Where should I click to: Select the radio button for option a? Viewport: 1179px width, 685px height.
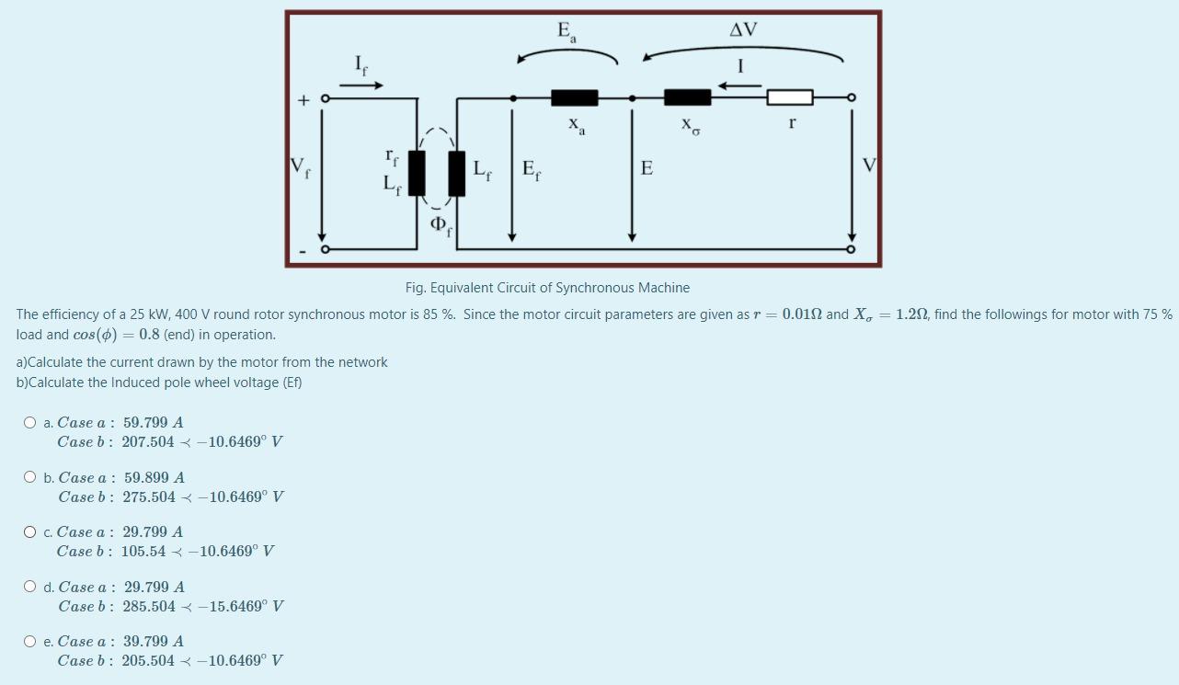point(30,423)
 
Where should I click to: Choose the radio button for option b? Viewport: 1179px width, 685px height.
point(30,478)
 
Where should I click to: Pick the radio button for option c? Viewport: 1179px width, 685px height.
point(30,532)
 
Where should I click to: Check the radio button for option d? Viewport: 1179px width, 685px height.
point(30,587)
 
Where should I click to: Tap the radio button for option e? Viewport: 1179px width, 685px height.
point(30,642)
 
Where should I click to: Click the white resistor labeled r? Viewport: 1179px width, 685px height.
point(790,97)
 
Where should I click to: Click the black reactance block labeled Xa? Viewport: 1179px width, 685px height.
point(574,97)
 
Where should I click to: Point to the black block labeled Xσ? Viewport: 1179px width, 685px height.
point(687,97)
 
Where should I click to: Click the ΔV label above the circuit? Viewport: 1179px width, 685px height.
point(743,30)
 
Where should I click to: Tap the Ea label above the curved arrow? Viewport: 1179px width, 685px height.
point(567,31)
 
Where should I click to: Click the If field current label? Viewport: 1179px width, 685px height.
point(361,63)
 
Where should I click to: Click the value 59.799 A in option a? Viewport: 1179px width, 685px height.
point(153,423)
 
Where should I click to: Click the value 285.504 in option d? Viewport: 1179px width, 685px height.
point(148,607)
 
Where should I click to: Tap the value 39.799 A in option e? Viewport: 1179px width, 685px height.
point(153,642)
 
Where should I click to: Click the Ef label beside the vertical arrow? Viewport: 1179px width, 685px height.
point(531,169)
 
